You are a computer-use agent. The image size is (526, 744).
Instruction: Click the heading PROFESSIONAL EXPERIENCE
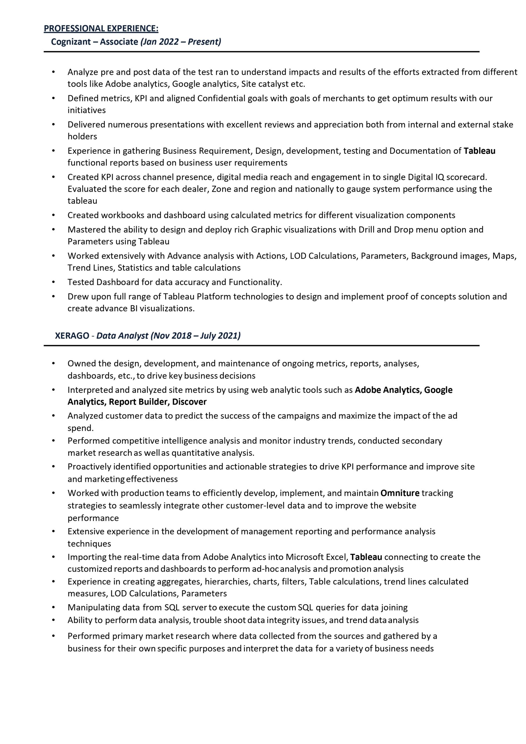101,28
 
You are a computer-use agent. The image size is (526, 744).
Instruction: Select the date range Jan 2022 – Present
181,42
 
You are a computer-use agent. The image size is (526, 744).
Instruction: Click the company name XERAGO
72,336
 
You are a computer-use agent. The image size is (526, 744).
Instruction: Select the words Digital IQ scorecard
447,177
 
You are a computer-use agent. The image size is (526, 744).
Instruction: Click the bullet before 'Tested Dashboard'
53,282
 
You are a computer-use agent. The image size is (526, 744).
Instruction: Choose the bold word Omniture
400,493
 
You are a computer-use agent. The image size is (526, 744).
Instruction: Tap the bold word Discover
189,402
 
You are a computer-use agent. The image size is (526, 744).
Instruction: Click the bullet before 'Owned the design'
53,364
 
